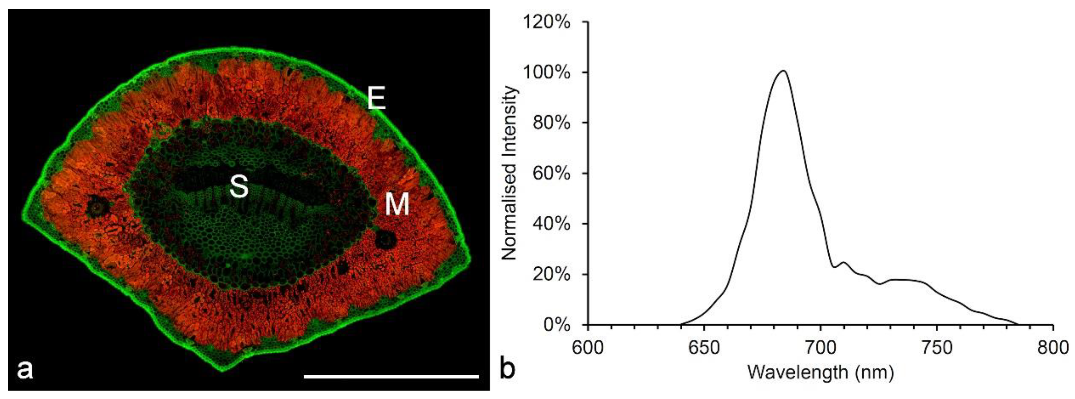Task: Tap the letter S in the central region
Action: click(239, 186)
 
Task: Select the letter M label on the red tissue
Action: click(397, 204)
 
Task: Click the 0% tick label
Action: click(556, 325)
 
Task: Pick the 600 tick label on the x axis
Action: click(588, 347)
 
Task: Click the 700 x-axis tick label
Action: click(821, 347)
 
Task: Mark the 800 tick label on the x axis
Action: click(1053, 347)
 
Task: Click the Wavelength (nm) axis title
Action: click(821, 372)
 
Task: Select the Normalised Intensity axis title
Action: click(509, 173)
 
